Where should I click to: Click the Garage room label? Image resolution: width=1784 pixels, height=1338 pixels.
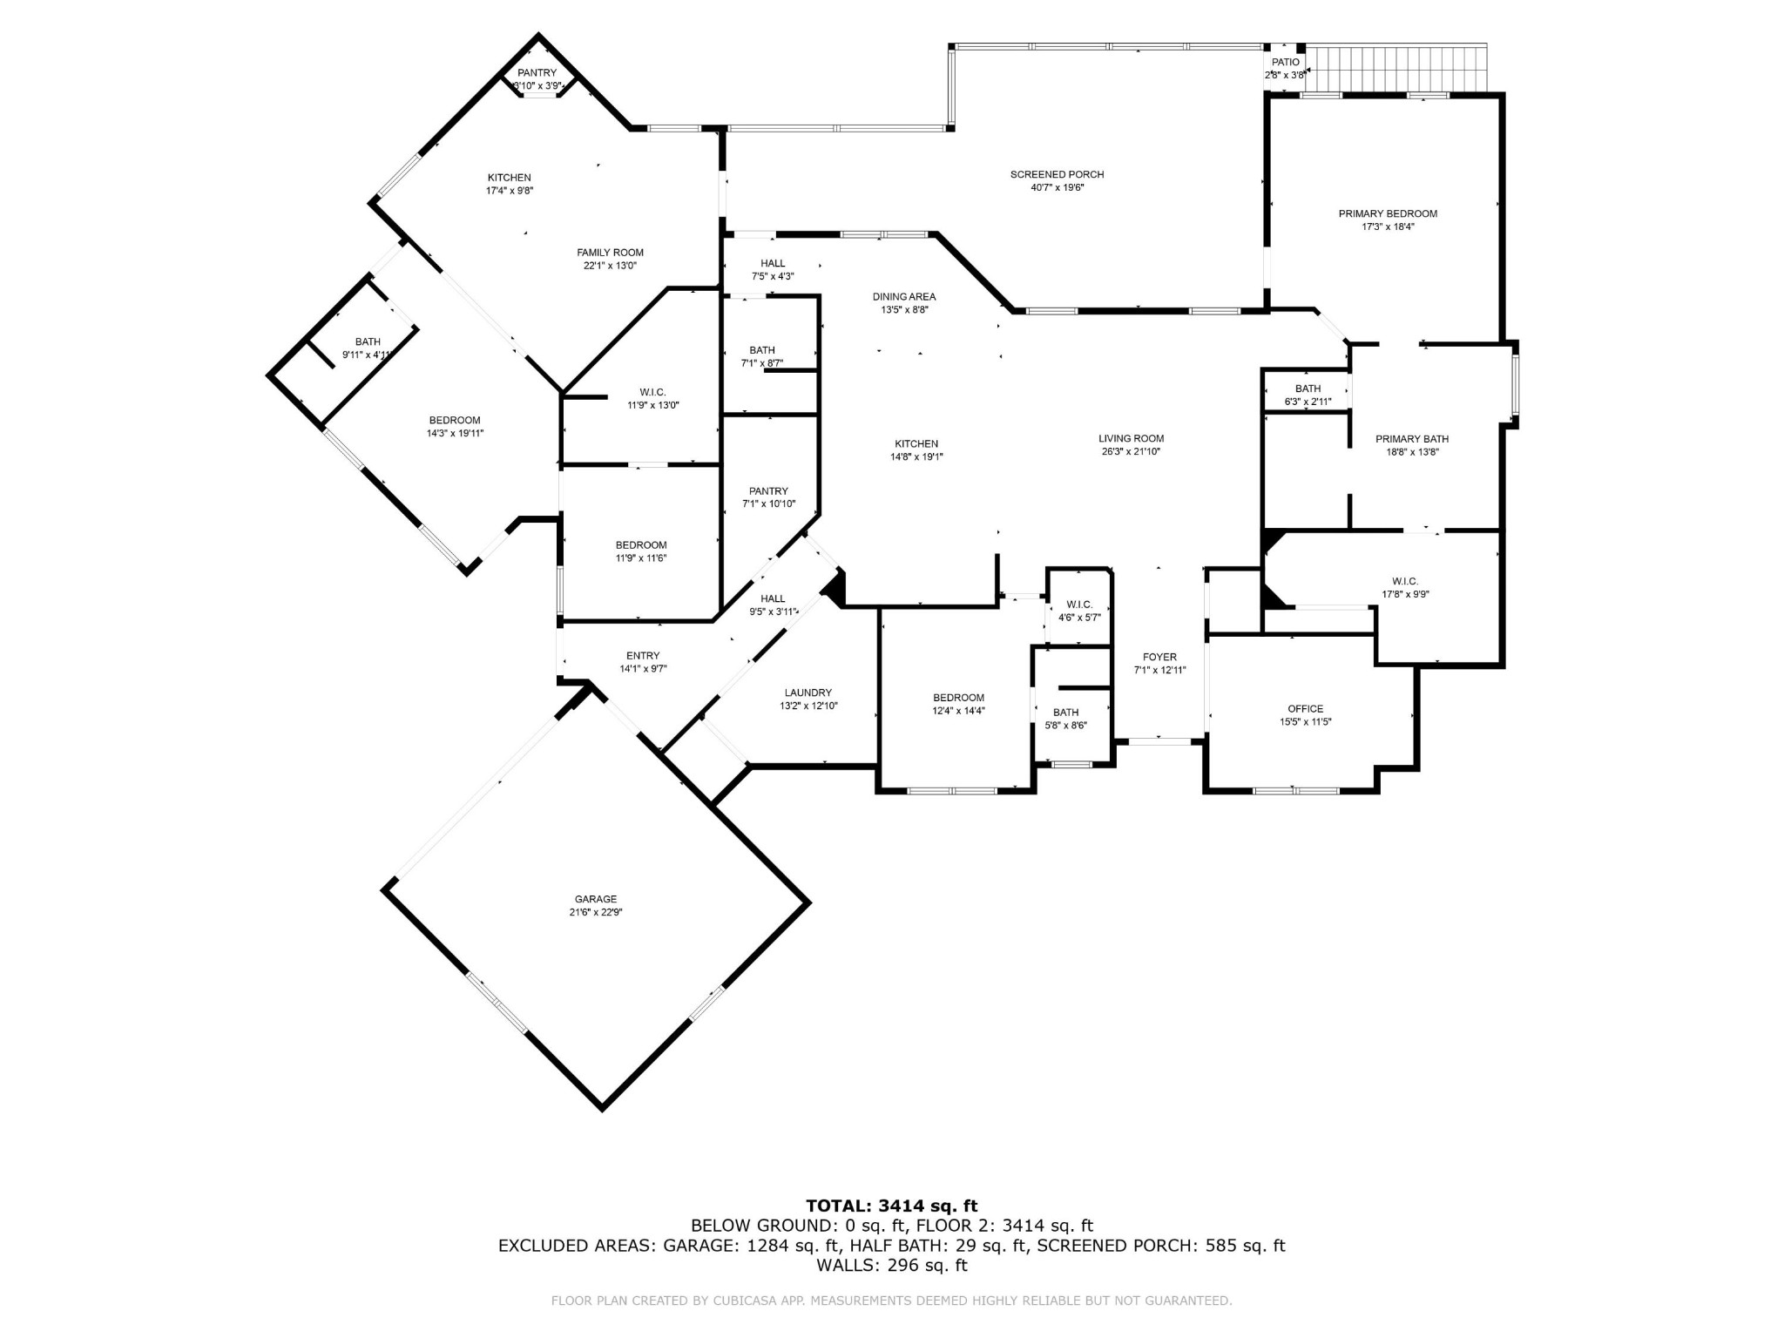pos(596,899)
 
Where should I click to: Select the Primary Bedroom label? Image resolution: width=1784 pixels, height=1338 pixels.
pos(1388,213)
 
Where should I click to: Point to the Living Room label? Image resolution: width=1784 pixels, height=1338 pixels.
pos(1131,438)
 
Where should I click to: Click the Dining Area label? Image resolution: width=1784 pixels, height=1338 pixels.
pos(904,296)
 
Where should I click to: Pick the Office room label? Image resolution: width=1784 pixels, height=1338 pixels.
pos(1305,708)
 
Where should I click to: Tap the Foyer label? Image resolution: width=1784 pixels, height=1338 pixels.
pos(1159,657)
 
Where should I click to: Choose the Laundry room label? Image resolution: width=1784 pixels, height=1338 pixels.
pos(808,693)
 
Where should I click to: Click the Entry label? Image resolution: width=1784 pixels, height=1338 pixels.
pos(643,656)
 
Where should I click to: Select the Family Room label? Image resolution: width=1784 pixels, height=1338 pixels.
pos(610,253)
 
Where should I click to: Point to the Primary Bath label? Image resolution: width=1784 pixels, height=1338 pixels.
pos(1412,439)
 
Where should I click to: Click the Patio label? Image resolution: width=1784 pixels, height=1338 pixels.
pos(1286,62)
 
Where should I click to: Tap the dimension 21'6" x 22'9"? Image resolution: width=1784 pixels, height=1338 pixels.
pos(596,912)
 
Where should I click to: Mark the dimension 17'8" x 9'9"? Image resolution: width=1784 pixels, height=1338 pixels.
pos(1405,594)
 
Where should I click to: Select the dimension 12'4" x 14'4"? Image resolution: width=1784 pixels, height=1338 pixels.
pos(958,711)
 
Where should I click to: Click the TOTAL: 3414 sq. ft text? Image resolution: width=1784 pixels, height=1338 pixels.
pos(892,1206)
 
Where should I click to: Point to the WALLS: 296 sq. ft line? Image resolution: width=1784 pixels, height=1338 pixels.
pos(892,1265)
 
